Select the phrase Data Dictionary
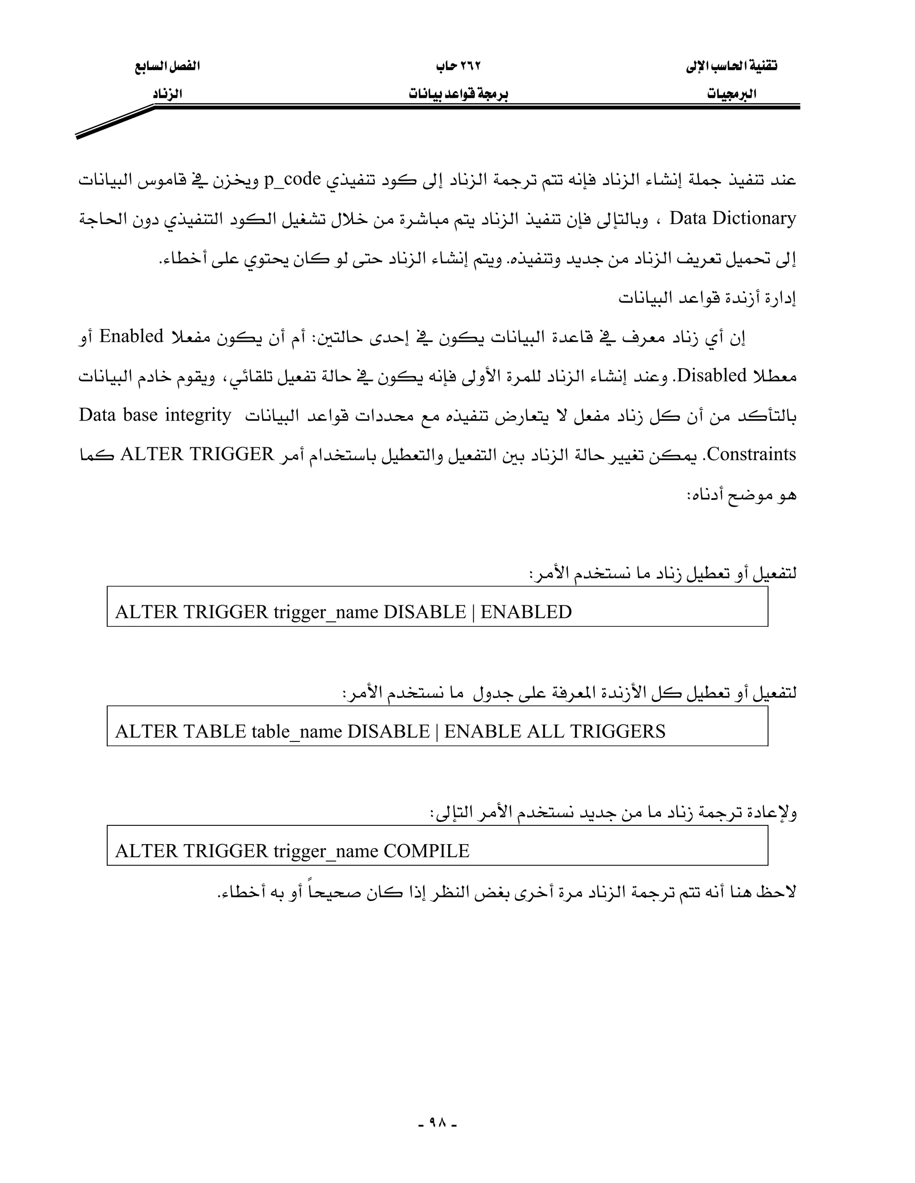pyautogui.click(x=733, y=218)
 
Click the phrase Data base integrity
pyautogui.click(x=155, y=415)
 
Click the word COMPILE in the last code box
pyautogui.click(x=426, y=851)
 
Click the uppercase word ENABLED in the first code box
pyautogui.click(x=526, y=612)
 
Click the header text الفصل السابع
pyautogui.click(x=167, y=67)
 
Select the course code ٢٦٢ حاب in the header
pyautogui.click(x=458, y=67)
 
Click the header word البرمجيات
pyautogui.click(x=732, y=94)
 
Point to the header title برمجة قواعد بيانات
pyautogui.click(x=458, y=94)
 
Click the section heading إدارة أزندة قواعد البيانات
pyautogui.click(x=707, y=298)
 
